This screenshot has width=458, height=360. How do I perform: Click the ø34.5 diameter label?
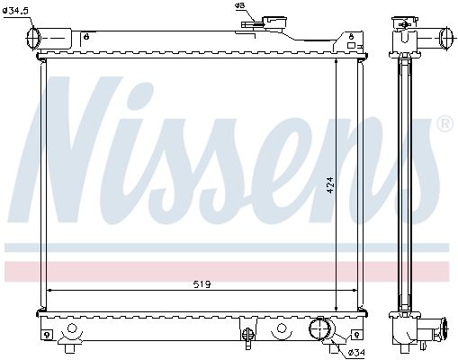point(15,11)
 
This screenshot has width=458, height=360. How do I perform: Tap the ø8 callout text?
point(239,5)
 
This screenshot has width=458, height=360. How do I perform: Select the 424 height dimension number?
point(329,185)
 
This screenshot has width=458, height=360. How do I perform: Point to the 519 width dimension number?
point(202,283)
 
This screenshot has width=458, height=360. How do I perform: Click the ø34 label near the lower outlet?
point(356,353)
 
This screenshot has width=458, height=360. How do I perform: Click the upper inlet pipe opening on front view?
point(32,39)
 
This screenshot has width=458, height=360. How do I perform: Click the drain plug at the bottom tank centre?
point(247,336)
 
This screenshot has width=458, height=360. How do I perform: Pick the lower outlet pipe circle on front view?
point(319,328)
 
